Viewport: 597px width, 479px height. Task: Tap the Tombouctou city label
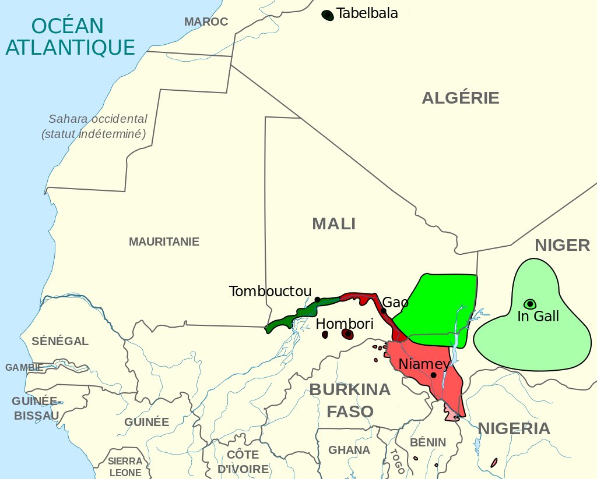(x=270, y=291)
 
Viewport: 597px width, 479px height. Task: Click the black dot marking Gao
(x=384, y=311)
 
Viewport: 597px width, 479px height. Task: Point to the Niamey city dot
(x=434, y=375)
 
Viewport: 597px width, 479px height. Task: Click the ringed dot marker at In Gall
(x=530, y=304)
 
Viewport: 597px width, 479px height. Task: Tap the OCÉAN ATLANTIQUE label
(x=70, y=36)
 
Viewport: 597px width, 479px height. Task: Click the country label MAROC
(x=206, y=22)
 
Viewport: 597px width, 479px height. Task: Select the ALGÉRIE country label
(x=461, y=98)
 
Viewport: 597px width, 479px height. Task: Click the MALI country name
(x=333, y=223)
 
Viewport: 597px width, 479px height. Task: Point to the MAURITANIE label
(x=164, y=242)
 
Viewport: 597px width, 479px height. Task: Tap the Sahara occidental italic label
(x=97, y=126)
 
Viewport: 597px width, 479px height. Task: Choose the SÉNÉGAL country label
(x=60, y=341)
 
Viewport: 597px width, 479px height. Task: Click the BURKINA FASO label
(x=350, y=400)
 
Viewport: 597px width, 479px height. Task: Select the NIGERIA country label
(x=514, y=429)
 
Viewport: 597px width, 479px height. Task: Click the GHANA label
(x=349, y=450)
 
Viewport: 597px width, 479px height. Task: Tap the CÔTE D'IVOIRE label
(x=243, y=462)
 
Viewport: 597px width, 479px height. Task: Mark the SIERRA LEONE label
(x=125, y=467)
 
